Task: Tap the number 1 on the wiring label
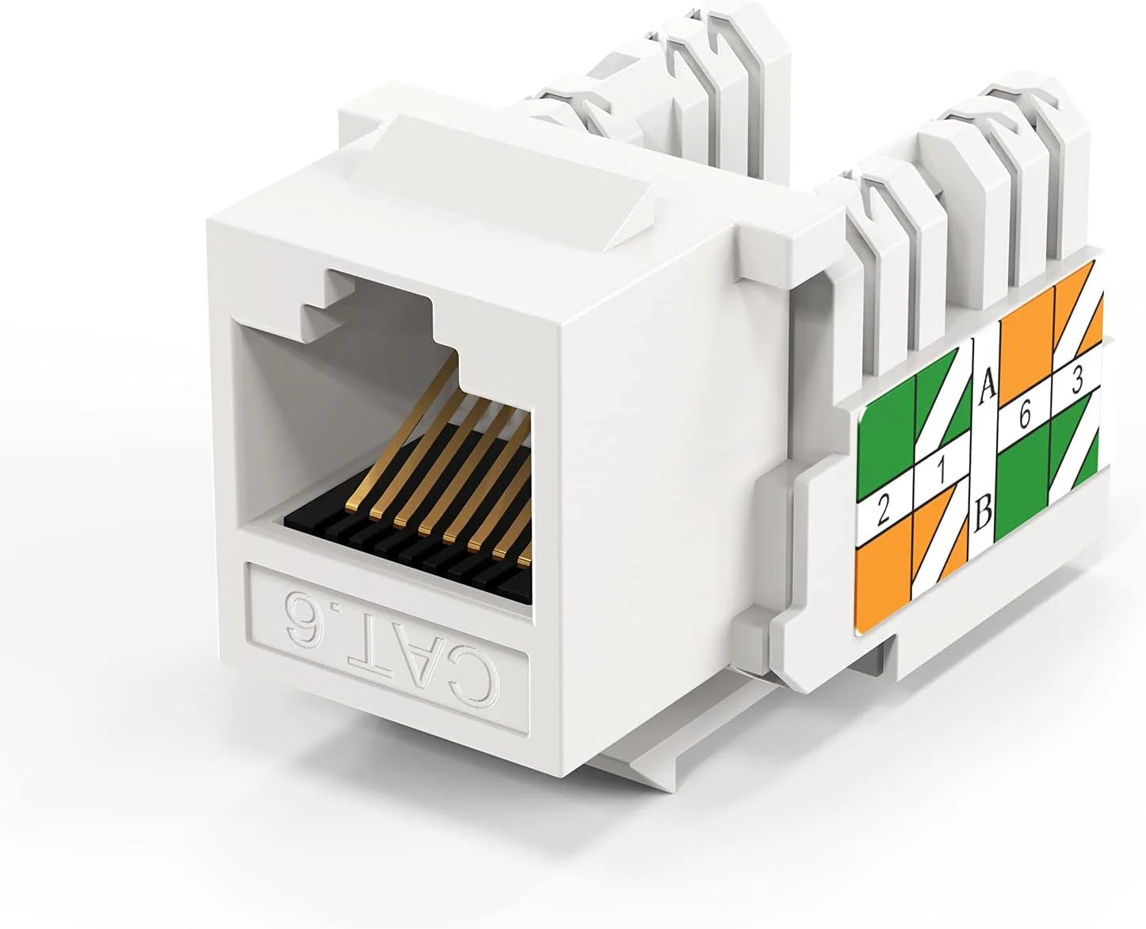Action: pyautogui.click(x=941, y=472)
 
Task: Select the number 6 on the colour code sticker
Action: pyautogui.click(x=1024, y=415)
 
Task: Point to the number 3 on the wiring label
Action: pyautogui.click(x=1077, y=382)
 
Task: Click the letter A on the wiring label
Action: pyautogui.click(x=987, y=388)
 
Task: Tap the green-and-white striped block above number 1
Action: pyautogui.click(x=943, y=408)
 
